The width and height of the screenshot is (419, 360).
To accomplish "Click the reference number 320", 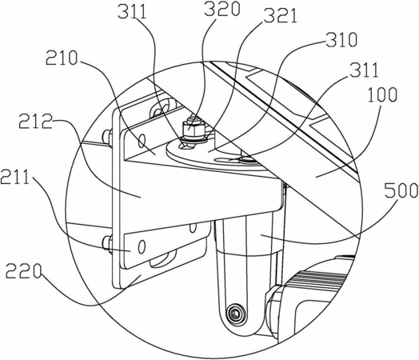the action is (x=222, y=10).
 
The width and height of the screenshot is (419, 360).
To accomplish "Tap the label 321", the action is (x=279, y=17).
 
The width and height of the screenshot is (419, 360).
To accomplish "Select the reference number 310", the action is (x=341, y=40).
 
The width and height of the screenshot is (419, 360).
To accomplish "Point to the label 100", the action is (x=382, y=95).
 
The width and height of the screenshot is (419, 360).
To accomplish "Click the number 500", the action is (x=401, y=190).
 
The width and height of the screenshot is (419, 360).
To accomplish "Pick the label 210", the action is (x=62, y=58).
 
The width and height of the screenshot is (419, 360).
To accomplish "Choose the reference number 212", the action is (x=35, y=122).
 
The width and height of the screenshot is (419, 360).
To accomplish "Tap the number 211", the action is (x=14, y=177).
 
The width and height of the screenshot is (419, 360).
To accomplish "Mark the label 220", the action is (x=23, y=271).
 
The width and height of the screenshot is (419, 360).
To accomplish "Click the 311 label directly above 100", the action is (x=364, y=70).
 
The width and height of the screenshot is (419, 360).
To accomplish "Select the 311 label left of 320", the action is (x=132, y=11).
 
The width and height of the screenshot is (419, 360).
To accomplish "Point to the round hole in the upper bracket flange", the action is (x=142, y=141).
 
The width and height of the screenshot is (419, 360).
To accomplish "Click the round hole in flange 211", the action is (x=142, y=246).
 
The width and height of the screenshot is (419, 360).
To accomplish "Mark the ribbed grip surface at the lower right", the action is (x=319, y=278).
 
